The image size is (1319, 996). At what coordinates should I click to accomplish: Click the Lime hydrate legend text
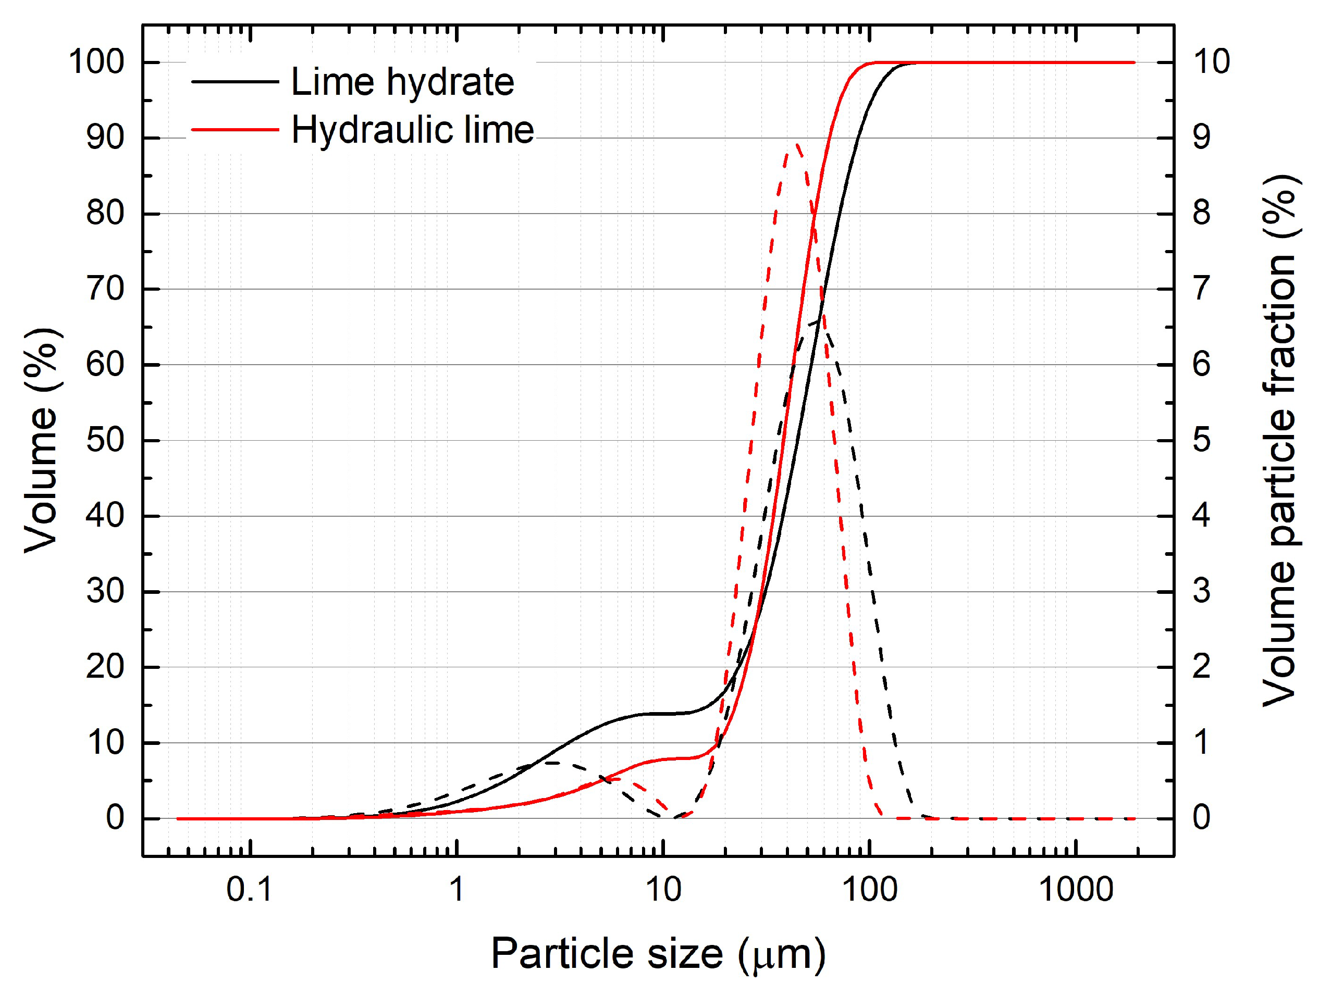pyautogui.click(x=402, y=82)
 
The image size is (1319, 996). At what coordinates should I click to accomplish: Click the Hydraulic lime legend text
pyautogui.click(x=412, y=130)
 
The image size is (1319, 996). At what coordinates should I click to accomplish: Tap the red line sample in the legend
pyautogui.click(x=235, y=129)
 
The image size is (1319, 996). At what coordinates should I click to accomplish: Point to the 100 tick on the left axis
pyautogui.click(x=96, y=61)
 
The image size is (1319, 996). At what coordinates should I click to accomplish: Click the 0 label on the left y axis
pyautogui.click(x=115, y=818)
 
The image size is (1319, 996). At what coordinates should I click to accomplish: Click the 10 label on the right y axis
pyautogui.click(x=1211, y=61)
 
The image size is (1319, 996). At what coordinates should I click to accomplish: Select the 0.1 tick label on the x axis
pyautogui.click(x=249, y=889)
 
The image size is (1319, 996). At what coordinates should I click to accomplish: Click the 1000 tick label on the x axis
pyautogui.click(x=1076, y=889)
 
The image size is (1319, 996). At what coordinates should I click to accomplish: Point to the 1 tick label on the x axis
pyautogui.click(x=456, y=889)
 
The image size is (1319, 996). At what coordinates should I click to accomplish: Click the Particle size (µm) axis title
pyautogui.click(x=658, y=954)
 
